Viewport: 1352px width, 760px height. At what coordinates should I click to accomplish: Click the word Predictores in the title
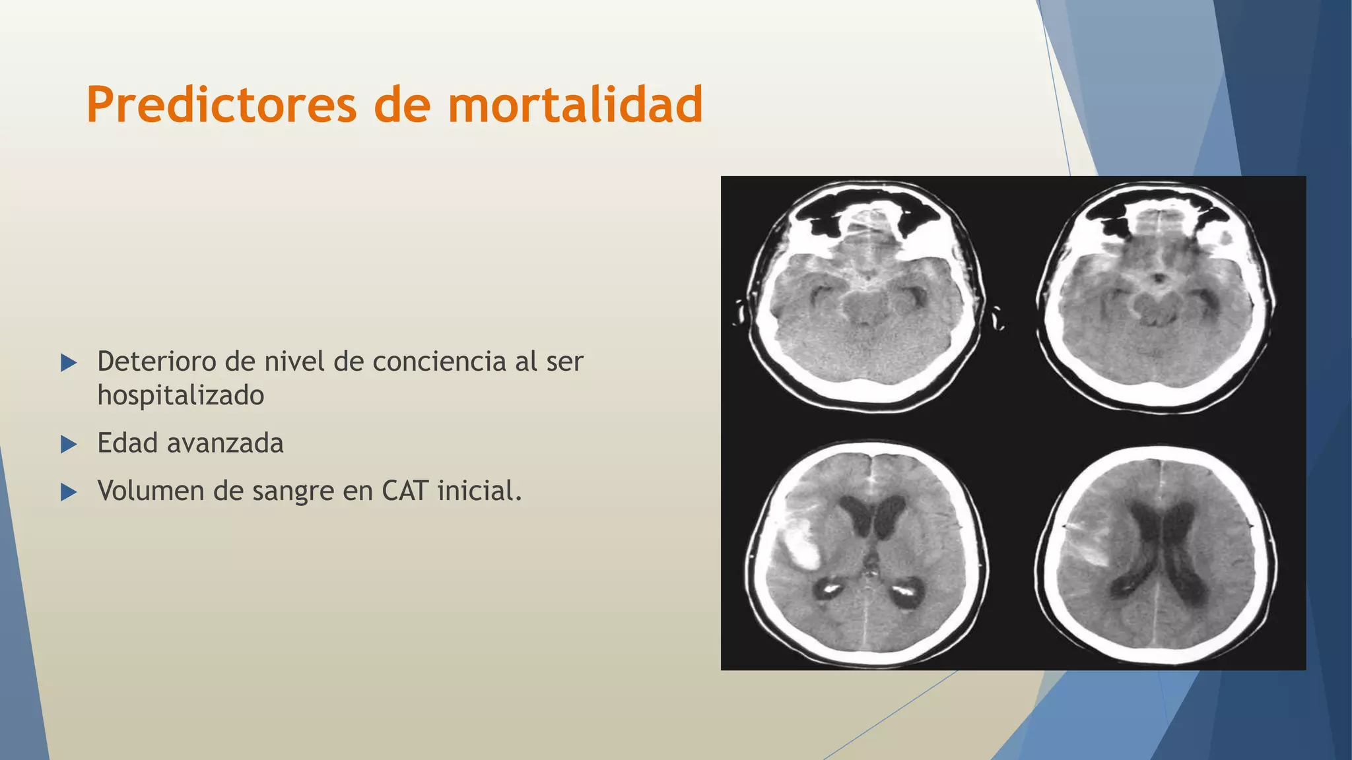221,105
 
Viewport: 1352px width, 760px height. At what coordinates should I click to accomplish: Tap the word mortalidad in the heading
575,105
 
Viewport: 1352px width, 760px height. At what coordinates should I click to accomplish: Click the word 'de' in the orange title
403,105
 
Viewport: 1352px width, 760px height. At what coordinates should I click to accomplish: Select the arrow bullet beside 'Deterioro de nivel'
69,362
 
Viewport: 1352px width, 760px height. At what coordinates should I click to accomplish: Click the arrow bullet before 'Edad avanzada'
69,444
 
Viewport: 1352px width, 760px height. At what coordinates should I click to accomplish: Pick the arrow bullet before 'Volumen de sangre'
69,491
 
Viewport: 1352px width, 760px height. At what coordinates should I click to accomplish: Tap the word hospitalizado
180,396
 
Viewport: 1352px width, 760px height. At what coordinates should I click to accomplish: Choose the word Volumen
151,491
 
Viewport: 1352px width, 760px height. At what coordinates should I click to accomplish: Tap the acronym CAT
405,491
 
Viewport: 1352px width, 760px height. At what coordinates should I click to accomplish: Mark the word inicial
479,491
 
